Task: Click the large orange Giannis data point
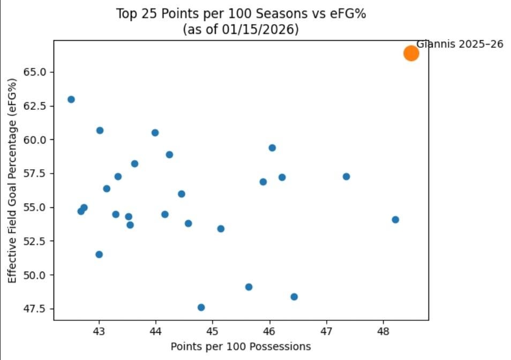point(411,53)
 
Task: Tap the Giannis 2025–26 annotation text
point(460,44)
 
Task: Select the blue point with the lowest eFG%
point(201,307)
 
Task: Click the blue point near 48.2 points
point(395,220)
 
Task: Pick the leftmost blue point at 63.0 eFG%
point(71,99)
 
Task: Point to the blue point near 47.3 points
point(346,176)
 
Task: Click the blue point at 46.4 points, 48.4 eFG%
point(294,297)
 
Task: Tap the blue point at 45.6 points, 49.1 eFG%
point(249,287)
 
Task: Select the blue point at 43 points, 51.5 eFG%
point(99,254)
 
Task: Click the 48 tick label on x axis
point(383,332)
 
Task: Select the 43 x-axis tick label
point(99,332)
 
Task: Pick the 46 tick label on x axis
point(269,332)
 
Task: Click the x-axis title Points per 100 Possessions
point(241,347)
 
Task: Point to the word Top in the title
point(126,14)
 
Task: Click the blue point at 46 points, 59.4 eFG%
point(272,148)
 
